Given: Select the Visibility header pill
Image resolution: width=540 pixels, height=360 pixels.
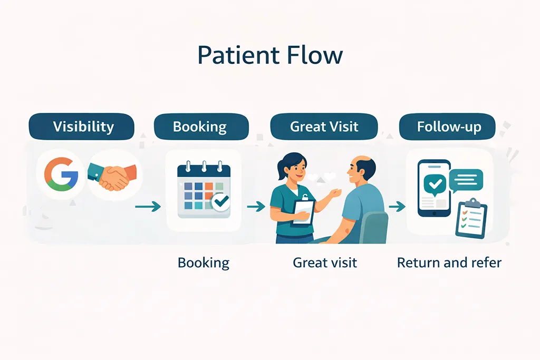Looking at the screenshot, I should [x=83, y=127].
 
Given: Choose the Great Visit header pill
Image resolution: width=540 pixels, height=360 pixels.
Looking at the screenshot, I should [x=324, y=127].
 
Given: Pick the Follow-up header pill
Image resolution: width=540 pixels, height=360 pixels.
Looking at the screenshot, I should [x=449, y=127].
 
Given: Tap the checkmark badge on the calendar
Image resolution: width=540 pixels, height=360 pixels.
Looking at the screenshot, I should [x=220, y=202].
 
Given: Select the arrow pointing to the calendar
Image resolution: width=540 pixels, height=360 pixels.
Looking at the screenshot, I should [x=148, y=207].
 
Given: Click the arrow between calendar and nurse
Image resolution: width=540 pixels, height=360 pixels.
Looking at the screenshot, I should [x=256, y=207].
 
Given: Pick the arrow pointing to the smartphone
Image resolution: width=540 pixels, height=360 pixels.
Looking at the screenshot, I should [x=397, y=206].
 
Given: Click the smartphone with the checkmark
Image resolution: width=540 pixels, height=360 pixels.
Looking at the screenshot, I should [x=433, y=188].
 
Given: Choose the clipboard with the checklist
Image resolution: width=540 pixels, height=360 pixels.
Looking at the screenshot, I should [x=471, y=219].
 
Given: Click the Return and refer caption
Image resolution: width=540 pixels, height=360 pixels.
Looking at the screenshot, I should [x=449, y=262].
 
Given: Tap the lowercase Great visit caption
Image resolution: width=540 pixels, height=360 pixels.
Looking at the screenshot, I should [x=325, y=262].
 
